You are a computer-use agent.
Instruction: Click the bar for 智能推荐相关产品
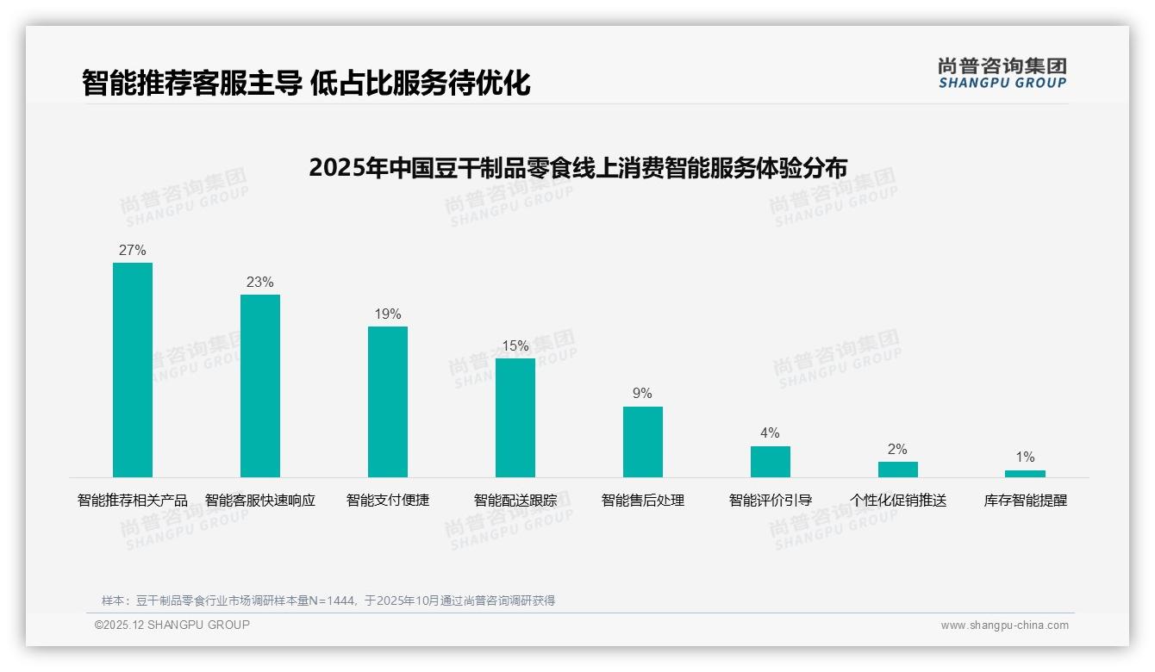(x=133, y=370)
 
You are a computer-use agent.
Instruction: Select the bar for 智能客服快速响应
(x=260, y=386)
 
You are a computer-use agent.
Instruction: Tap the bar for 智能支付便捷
(x=388, y=401)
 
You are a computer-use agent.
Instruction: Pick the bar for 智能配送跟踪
(x=515, y=418)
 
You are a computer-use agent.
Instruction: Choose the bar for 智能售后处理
(x=643, y=442)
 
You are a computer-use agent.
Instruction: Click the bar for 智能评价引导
(x=771, y=462)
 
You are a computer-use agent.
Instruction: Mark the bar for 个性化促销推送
(x=898, y=470)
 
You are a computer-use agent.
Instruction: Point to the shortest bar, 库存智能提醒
(x=1025, y=474)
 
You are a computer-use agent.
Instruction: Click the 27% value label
(x=133, y=251)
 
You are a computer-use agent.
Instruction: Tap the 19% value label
(x=388, y=314)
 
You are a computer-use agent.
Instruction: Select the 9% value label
(x=643, y=394)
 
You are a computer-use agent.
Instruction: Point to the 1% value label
(x=1025, y=457)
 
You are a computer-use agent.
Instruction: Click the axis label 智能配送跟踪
(x=515, y=501)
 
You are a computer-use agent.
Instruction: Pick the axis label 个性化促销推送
(x=898, y=501)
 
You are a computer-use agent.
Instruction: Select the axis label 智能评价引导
(x=771, y=501)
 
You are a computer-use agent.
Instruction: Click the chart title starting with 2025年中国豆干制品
(x=577, y=167)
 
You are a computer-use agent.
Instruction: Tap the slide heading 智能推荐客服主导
(x=306, y=84)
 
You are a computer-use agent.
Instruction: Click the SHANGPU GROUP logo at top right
(x=1002, y=73)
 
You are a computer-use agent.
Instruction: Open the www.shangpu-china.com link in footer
(x=1004, y=625)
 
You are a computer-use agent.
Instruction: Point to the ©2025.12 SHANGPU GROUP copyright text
(x=172, y=625)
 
